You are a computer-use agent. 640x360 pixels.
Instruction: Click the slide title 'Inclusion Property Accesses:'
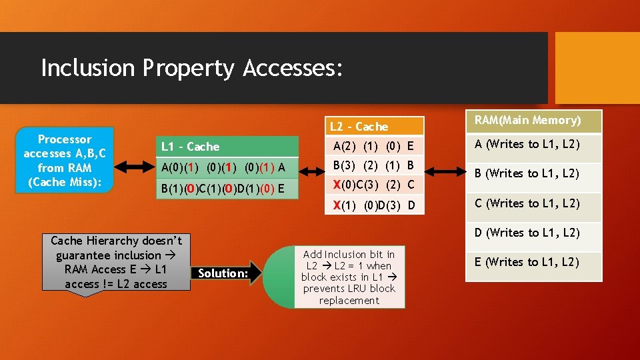(192, 68)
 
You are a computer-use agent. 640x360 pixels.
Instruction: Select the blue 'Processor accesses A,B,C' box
(65, 160)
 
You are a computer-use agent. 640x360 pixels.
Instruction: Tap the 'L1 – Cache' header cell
(227, 147)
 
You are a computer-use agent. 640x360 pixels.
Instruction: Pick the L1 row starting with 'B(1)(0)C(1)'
(227, 189)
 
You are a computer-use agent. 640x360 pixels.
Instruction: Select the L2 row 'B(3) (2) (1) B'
(373, 165)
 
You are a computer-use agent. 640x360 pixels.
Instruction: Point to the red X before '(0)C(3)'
(337, 185)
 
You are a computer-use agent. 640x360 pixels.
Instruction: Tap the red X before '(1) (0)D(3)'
(337, 205)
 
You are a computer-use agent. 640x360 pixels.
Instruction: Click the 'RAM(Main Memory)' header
(533, 121)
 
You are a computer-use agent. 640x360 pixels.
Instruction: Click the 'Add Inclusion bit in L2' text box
(349, 277)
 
